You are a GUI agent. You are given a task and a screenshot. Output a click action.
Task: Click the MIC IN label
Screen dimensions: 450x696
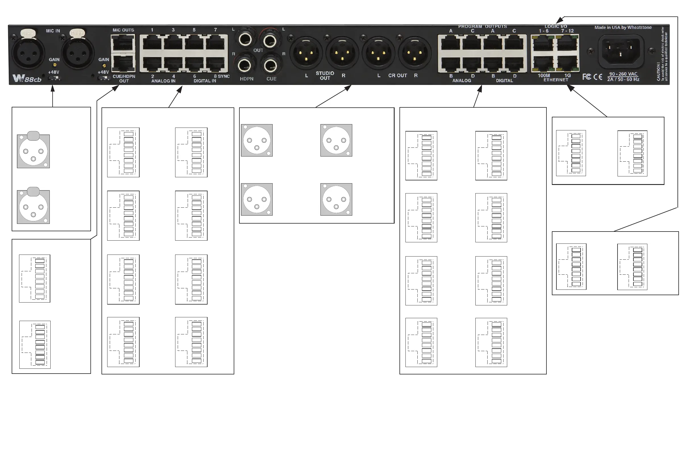pyautogui.click(x=53, y=31)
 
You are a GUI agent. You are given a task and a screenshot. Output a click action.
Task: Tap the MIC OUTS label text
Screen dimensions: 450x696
pyautogui.click(x=123, y=30)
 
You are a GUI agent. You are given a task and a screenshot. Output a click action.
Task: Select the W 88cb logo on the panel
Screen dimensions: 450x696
pyautogui.click(x=27, y=79)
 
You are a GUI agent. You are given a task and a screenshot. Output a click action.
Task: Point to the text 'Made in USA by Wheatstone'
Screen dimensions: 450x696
pyautogui.click(x=623, y=28)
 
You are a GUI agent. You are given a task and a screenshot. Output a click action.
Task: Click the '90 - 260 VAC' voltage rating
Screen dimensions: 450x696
pyautogui.click(x=623, y=74)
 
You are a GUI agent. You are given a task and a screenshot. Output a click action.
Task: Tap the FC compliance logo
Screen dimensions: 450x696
pyautogui.click(x=587, y=77)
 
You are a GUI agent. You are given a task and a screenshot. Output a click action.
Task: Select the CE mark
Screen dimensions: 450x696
pyautogui.click(x=598, y=77)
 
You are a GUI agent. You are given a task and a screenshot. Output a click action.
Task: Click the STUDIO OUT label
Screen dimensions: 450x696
pyautogui.click(x=325, y=76)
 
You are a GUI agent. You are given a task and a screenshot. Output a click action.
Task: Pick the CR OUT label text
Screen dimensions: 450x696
pyautogui.click(x=397, y=75)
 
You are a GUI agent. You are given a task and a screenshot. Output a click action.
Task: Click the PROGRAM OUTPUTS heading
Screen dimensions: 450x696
pyautogui.click(x=482, y=27)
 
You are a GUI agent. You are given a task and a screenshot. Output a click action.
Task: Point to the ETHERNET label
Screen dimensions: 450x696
pyautogui.click(x=556, y=80)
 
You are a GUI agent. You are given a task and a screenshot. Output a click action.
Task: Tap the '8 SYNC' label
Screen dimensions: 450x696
pyautogui.click(x=222, y=76)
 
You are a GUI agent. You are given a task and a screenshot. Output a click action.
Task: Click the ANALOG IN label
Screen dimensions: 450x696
pyautogui.click(x=163, y=81)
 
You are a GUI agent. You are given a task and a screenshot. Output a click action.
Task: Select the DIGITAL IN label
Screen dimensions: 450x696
pyautogui.click(x=205, y=81)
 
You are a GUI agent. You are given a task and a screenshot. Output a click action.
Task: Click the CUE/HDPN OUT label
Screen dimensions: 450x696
pyautogui.click(x=124, y=79)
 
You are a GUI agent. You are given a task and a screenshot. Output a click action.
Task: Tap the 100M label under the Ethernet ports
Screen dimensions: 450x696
pyautogui.click(x=544, y=75)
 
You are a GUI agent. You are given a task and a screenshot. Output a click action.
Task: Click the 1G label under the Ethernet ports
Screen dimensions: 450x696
pyautogui.click(x=567, y=75)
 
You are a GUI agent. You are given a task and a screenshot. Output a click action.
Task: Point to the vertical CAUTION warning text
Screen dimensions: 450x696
pyautogui.click(x=662, y=54)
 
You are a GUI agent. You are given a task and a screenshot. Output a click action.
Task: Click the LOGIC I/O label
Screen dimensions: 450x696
pyautogui.click(x=556, y=27)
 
